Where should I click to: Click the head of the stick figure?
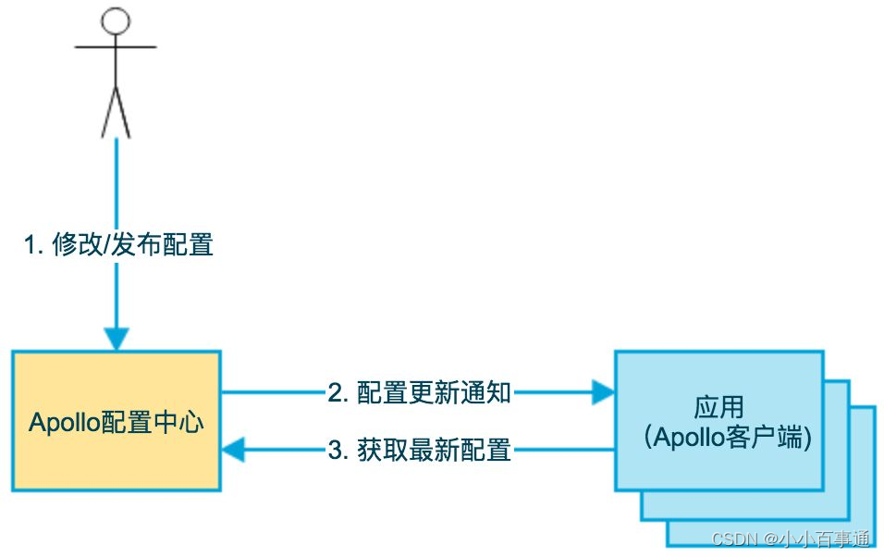click(x=116, y=21)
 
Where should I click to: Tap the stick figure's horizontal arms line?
click(x=116, y=47)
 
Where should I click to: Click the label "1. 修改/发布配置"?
click(x=118, y=245)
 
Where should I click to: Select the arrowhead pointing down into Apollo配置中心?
click(x=117, y=339)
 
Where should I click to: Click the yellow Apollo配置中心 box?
click(x=117, y=421)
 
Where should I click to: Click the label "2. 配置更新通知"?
click(x=420, y=393)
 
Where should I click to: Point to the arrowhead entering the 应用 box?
click(x=603, y=392)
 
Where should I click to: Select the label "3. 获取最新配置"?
click(x=420, y=450)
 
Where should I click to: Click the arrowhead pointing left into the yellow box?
click(x=233, y=450)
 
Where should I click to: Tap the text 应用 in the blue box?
click(x=718, y=407)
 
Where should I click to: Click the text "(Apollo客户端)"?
click(x=728, y=437)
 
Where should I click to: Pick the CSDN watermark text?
click(x=791, y=538)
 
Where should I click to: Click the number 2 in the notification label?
click(x=335, y=393)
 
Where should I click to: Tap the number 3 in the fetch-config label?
click(x=335, y=451)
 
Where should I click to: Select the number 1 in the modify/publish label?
click(x=30, y=245)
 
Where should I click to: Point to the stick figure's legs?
click(x=116, y=112)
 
